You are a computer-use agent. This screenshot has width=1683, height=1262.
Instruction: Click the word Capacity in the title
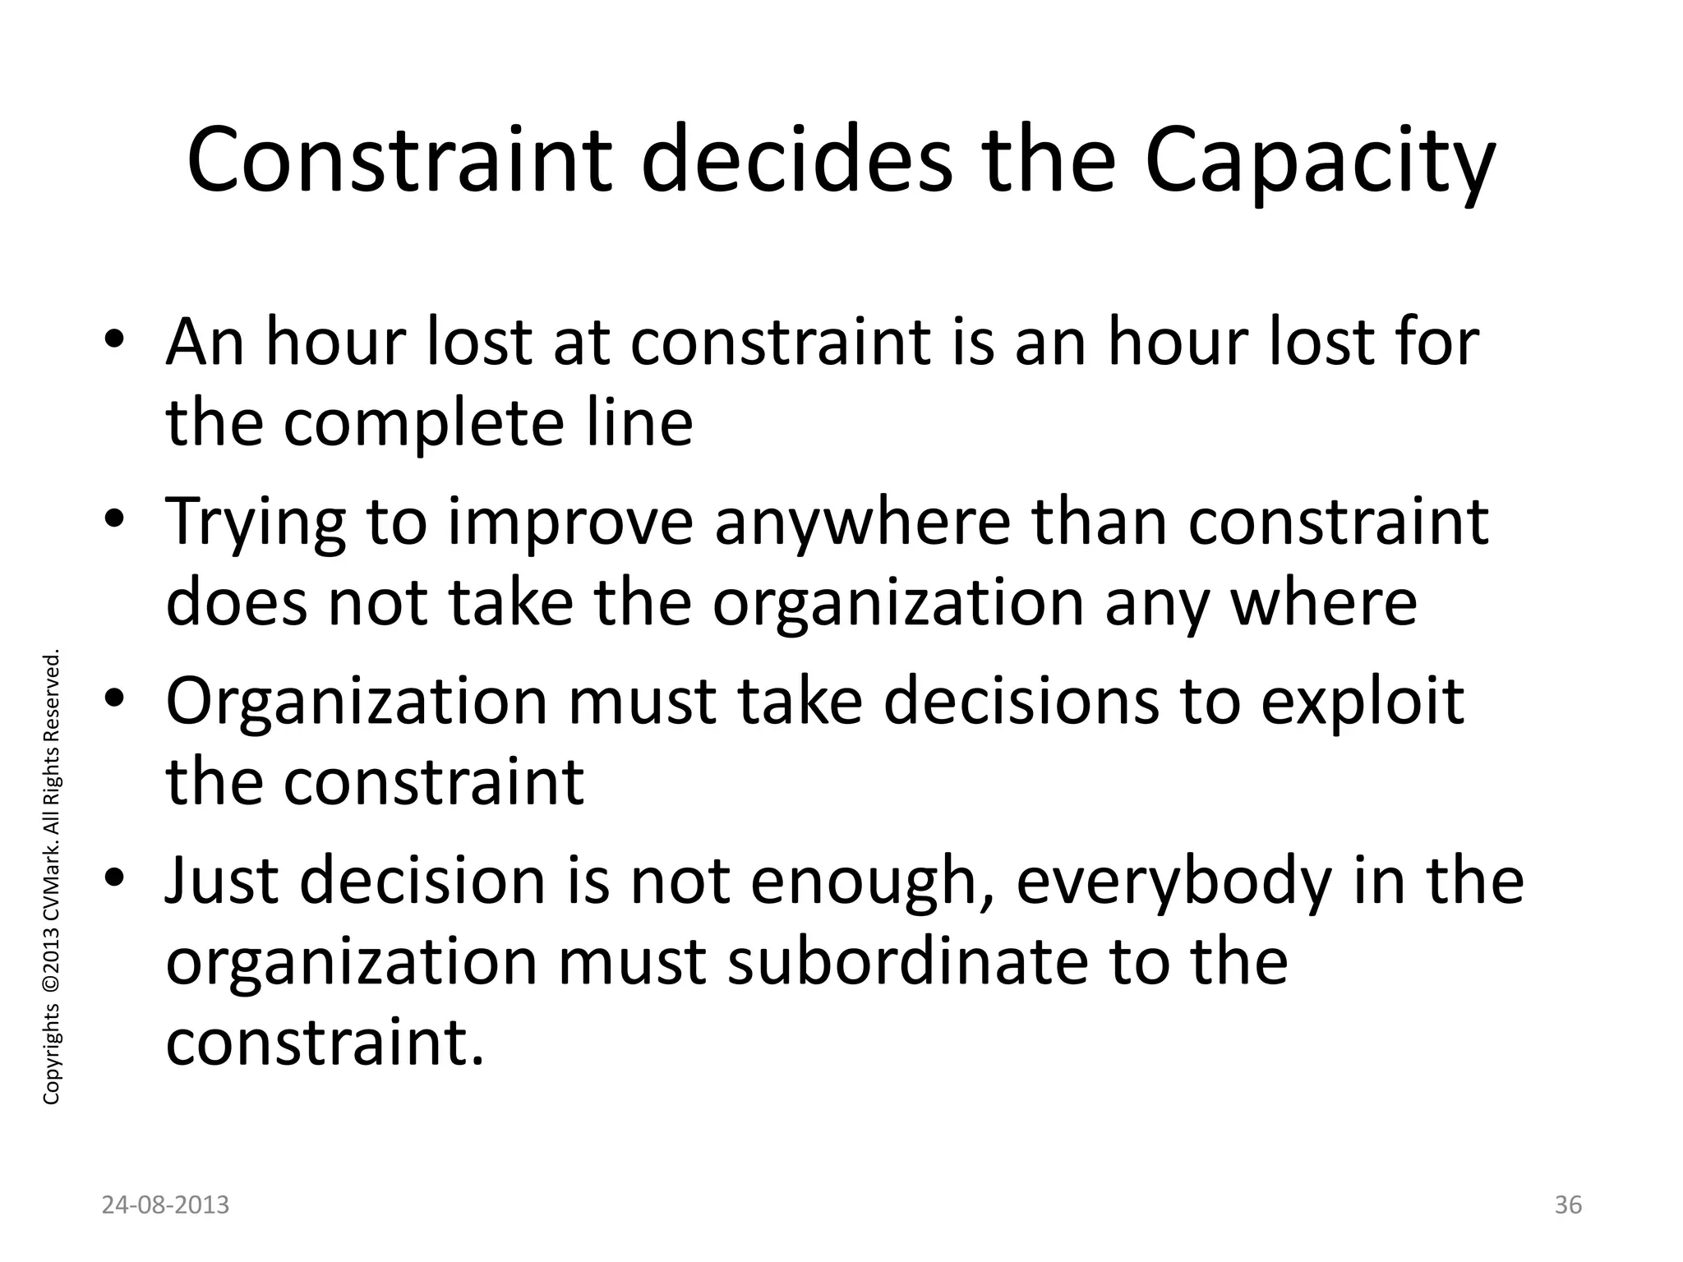pyautogui.click(x=1319, y=162)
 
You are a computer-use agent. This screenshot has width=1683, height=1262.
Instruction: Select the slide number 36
pyautogui.click(x=1568, y=1205)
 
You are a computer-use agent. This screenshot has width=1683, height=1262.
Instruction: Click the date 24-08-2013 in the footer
pyautogui.click(x=166, y=1205)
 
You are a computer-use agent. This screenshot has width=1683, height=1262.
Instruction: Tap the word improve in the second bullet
pyautogui.click(x=571, y=523)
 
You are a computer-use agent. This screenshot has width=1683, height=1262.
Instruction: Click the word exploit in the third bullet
pyautogui.click(x=1363, y=703)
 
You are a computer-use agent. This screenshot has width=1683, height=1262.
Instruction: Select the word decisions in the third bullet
pyautogui.click(x=1020, y=702)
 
